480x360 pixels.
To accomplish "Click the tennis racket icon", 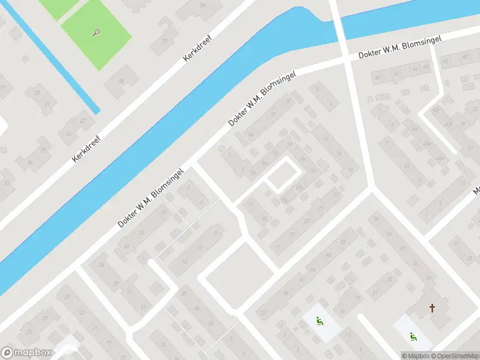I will click(x=96, y=32).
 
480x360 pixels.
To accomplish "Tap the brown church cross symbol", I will click(x=432, y=308).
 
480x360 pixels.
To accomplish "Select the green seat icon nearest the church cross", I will click(x=412, y=337).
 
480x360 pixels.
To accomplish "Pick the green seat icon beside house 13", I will click(x=319, y=321).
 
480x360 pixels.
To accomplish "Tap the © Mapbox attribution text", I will click(x=415, y=356).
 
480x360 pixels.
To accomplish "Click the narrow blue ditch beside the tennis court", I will click(x=54, y=60).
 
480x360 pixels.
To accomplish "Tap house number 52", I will click(x=343, y=242).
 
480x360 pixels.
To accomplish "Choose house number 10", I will click(x=326, y=140).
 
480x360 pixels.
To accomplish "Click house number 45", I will click(x=425, y=67).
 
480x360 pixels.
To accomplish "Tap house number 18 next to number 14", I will click(x=349, y=170).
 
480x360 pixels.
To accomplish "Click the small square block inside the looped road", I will click(x=283, y=175).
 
